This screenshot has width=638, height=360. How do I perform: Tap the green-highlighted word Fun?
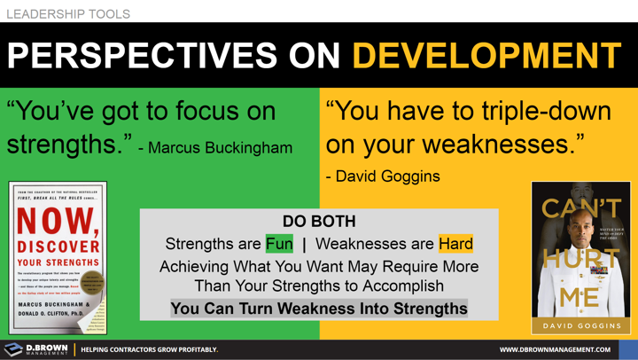(279, 243)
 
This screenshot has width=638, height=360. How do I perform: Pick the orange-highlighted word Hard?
(455, 243)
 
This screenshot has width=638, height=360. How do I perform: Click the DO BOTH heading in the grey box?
(319, 221)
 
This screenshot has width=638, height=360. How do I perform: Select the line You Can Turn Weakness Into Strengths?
(319, 309)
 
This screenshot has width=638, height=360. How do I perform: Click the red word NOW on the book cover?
(57, 220)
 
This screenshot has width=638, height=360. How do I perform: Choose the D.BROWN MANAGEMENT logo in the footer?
(35, 349)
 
